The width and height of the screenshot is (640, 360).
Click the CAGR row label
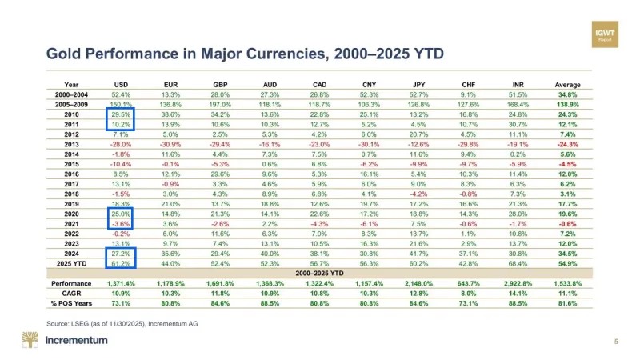(70, 294)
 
